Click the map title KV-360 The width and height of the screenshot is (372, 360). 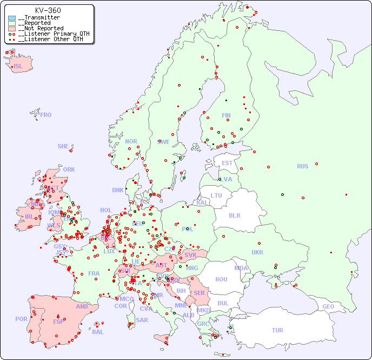click(x=48, y=10)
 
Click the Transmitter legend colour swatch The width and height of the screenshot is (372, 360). click(x=12, y=18)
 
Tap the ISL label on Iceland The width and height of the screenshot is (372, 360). click(x=18, y=67)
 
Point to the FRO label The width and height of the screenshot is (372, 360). click(x=46, y=115)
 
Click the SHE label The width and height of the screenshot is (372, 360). click(x=63, y=146)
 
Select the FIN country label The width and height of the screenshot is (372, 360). click(x=226, y=115)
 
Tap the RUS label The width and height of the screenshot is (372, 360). click(x=302, y=166)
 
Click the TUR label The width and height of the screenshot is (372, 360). click(x=277, y=330)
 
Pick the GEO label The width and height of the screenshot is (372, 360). click(x=328, y=306)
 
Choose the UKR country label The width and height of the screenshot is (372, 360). click(x=257, y=252)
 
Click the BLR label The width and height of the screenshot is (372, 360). click(x=234, y=215)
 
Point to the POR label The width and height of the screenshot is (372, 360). click(x=21, y=319)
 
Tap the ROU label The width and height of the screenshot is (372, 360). click(x=221, y=279)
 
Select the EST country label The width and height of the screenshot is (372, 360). click(x=227, y=163)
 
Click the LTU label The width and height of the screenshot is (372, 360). click(x=216, y=195)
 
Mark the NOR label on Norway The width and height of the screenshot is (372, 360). click(x=131, y=141)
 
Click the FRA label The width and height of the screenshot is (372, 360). click(x=94, y=273)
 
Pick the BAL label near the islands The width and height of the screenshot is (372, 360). click(x=97, y=332)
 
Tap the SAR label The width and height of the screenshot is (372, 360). click(x=142, y=320)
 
